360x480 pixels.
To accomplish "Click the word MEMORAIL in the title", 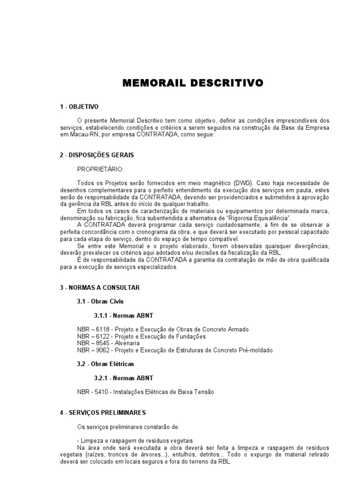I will pyautogui.click(x=151, y=83).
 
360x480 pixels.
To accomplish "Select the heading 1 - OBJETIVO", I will pyautogui.click(x=79, y=107).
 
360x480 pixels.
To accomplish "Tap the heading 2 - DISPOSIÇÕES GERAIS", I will pyautogui.click(x=97, y=155).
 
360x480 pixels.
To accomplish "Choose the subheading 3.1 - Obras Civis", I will pyautogui.click(x=100, y=301).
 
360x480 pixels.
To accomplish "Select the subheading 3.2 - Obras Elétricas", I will pyautogui.click(x=105, y=364).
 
